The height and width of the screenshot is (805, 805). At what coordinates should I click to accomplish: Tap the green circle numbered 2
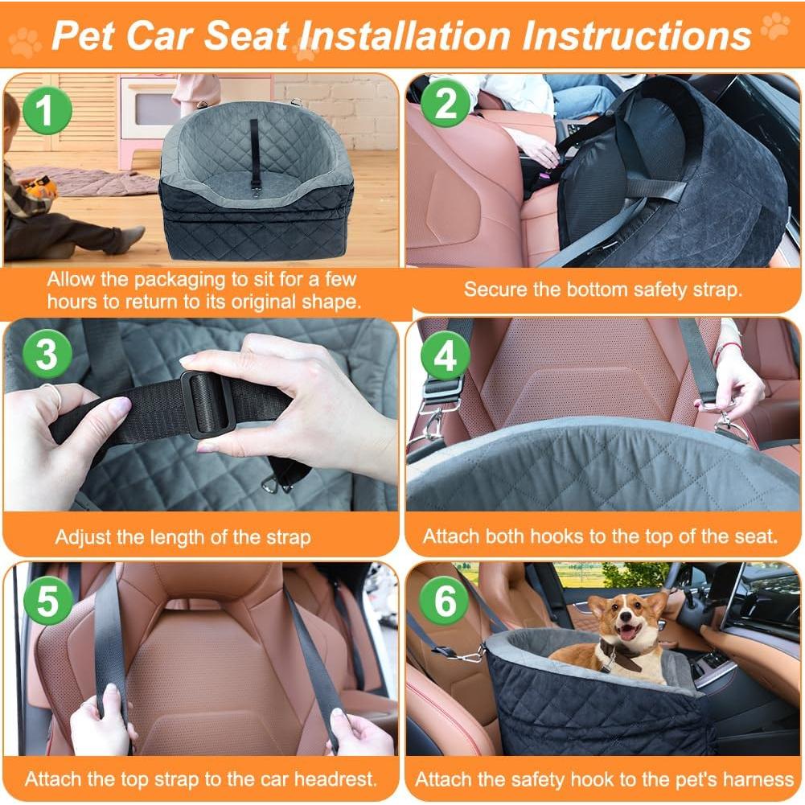point(444,105)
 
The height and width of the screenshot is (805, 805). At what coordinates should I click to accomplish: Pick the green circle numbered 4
point(444,355)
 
